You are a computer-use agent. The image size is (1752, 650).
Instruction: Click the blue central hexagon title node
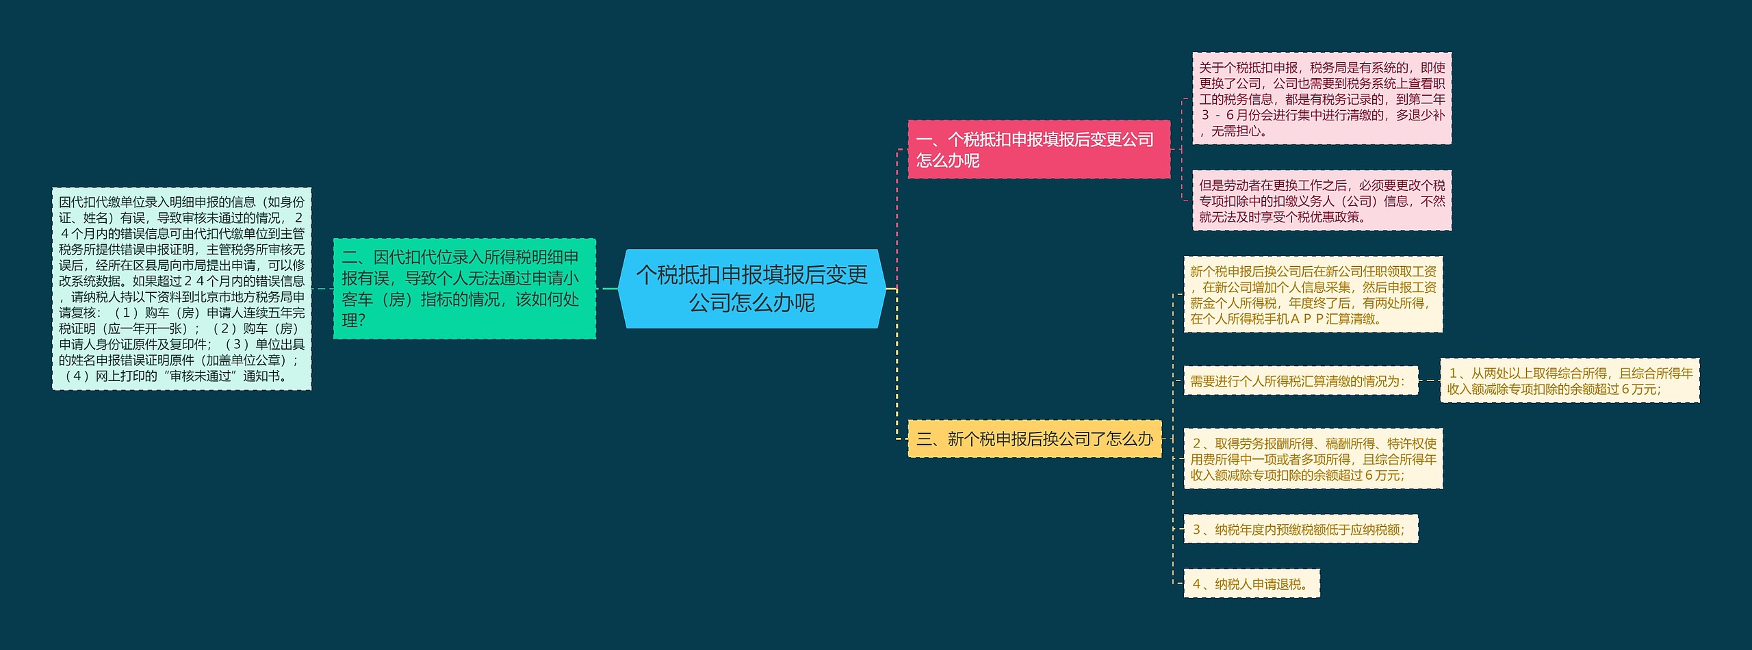[751, 289]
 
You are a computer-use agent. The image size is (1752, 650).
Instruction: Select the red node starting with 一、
[1038, 150]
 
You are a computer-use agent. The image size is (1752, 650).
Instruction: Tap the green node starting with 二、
[464, 289]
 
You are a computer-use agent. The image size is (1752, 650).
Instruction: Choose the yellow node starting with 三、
[1034, 439]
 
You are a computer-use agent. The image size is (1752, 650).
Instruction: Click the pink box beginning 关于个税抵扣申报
[1322, 99]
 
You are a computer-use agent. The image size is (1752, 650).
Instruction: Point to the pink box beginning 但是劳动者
[1322, 200]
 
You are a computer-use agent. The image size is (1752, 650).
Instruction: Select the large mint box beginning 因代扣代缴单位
[181, 289]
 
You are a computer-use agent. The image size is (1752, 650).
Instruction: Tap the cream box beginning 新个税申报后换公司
[1313, 295]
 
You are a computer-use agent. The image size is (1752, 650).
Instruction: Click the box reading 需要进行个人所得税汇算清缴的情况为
[1300, 381]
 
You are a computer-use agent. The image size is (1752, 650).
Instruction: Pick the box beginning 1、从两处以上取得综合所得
[1569, 381]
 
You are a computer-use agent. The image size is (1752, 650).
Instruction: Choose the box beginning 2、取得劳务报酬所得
[1313, 459]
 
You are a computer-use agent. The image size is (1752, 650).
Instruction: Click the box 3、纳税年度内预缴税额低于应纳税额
[1300, 530]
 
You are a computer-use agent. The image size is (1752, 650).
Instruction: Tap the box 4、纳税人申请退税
[1251, 584]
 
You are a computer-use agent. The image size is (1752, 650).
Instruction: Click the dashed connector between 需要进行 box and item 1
[1429, 380]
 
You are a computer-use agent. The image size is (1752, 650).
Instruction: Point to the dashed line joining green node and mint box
[322, 289]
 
